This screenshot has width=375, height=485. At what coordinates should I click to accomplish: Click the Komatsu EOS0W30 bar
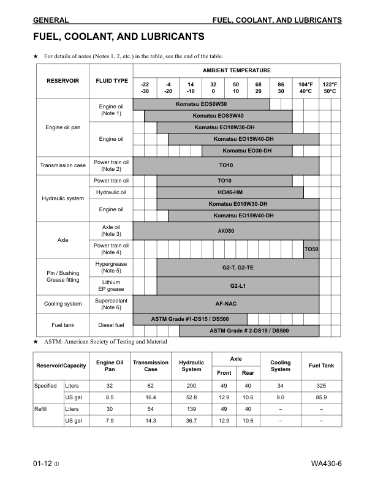(x=201, y=105)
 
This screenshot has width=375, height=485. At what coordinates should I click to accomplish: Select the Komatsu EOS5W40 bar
(x=218, y=116)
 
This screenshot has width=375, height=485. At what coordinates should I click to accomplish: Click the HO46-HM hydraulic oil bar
(x=230, y=192)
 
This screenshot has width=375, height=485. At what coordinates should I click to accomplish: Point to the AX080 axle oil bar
(x=226, y=231)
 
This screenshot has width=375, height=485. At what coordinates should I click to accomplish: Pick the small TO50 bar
(x=311, y=249)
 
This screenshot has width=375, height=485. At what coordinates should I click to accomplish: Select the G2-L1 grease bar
(x=238, y=286)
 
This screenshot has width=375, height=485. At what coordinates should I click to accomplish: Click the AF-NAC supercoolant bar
(x=226, y=304)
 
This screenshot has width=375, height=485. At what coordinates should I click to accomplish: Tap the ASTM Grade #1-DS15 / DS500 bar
(x=190, y=319)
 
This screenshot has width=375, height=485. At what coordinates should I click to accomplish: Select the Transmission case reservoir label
(x=63, y=165)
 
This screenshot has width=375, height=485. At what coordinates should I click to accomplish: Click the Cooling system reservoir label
(x=63, y=304)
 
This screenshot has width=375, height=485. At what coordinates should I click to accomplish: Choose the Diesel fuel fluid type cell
(x=112, y=325)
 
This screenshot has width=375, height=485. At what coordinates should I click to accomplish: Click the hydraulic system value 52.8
(x=191, y=397)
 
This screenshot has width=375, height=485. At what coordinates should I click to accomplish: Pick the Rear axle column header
(x=248, y=372)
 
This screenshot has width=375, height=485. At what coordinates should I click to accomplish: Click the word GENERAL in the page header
(x=51, y=20)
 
